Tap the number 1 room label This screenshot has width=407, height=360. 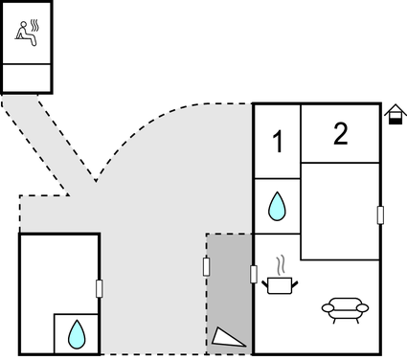tap(278, 143)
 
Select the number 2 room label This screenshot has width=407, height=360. tap(340, 134)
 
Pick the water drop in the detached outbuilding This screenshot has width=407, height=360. tap(76, 334)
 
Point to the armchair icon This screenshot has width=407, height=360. tap(345, 307)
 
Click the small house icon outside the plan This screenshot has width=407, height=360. tap(394, 115)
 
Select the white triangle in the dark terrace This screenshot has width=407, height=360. tap(228, 336)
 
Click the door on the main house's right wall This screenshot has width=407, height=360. tap(380, 214)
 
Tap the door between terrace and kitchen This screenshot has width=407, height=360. tap(254, 275)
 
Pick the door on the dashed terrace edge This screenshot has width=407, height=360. tap(207, 265)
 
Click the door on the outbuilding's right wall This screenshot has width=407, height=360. tap(100, 287)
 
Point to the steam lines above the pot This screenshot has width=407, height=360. tap(280, 262)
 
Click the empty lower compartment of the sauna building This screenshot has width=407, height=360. tap(27, 77)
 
